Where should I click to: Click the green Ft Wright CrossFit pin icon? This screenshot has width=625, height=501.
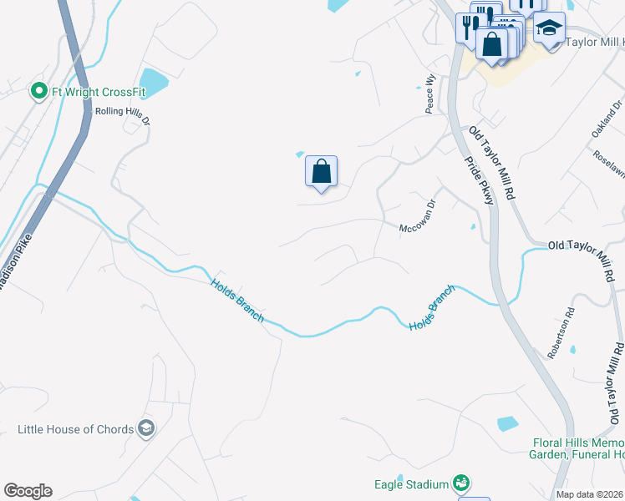[x=38, y=91]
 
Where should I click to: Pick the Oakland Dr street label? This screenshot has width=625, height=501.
[x=608, y=120]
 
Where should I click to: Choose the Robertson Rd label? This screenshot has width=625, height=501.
[x=561, y=334]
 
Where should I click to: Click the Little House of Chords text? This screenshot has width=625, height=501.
[x=76, y=430]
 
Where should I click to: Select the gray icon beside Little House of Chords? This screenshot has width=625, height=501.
[x=146, y=429]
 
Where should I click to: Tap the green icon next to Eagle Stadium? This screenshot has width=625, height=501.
[x=460, y=483]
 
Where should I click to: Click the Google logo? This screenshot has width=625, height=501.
[x=28, y=491]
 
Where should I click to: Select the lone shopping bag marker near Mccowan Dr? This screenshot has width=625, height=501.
[x=321, y=172]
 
